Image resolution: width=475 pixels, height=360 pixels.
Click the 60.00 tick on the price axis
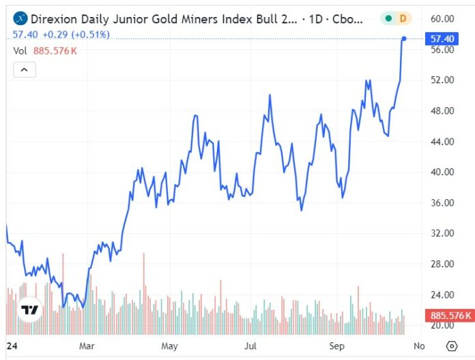pyautogui.click(x=442, y=18)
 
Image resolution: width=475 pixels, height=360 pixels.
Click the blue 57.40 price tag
pyautogui.click(x=442, y=39)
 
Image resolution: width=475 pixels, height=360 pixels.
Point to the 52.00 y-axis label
pyautogui.click(x=442, y=80)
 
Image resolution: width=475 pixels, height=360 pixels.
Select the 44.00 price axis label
pyautogui.click(x=442, y=142)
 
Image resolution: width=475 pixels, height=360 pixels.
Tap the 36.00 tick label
pyautogui.click(x=442, y=202)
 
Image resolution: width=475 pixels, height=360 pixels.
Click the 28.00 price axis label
pyautogui.click(x=442, y=264)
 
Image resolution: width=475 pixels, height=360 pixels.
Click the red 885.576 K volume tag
pyautogui.click(x=448, y=315)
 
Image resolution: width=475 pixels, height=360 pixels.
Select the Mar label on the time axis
pyautogui.click(x=87, y=346)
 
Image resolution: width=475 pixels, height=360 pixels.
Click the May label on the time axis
pyautogui.click(x=169, y=346)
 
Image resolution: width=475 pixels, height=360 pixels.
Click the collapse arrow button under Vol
pyautogui.click(x=24, y=70)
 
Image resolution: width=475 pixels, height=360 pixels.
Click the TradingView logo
pyautogui.click(x=30, y=310)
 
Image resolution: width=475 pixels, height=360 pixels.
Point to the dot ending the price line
pyautogui.click(x=404, y=39)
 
